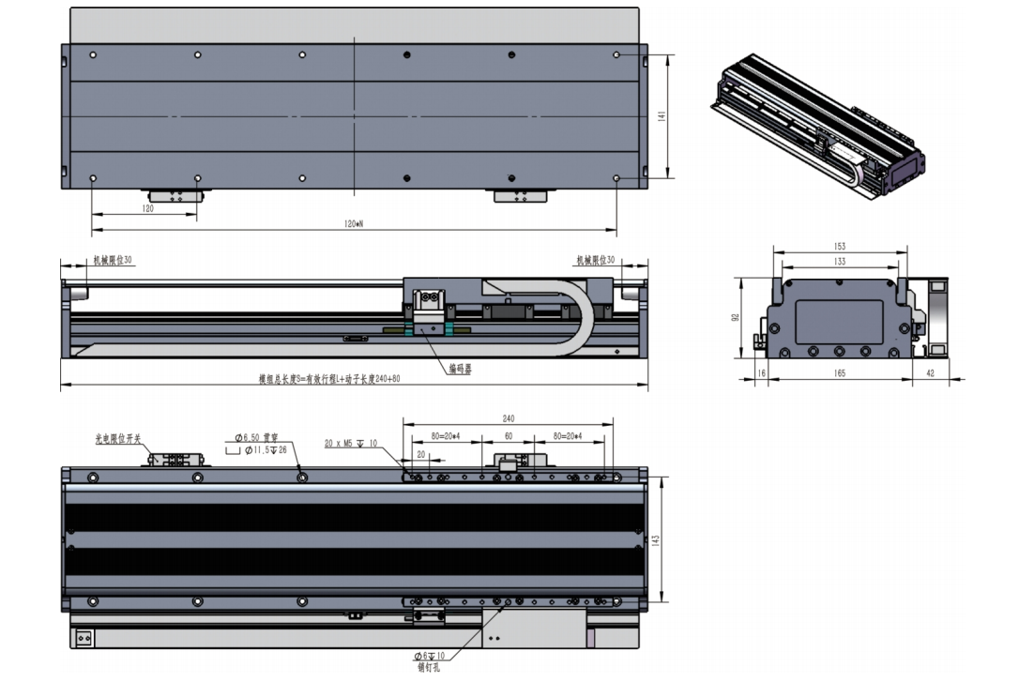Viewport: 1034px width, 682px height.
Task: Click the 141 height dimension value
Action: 661,115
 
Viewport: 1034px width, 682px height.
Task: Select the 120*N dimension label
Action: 354,224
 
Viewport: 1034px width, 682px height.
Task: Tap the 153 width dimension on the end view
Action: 839,247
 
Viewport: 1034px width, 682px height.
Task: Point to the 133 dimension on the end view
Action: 839,262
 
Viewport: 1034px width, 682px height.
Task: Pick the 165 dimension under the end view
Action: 839,373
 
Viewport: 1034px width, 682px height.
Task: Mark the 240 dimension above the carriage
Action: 509,418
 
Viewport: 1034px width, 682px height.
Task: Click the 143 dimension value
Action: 656,541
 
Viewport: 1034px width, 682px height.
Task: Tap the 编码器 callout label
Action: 460,370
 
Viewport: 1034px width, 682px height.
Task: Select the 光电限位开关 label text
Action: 116,437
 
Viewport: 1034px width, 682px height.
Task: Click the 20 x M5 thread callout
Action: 350,443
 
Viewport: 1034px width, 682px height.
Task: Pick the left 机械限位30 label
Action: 111,260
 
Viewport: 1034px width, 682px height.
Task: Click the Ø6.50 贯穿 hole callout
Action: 259,437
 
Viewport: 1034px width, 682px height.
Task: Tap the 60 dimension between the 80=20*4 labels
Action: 509,437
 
